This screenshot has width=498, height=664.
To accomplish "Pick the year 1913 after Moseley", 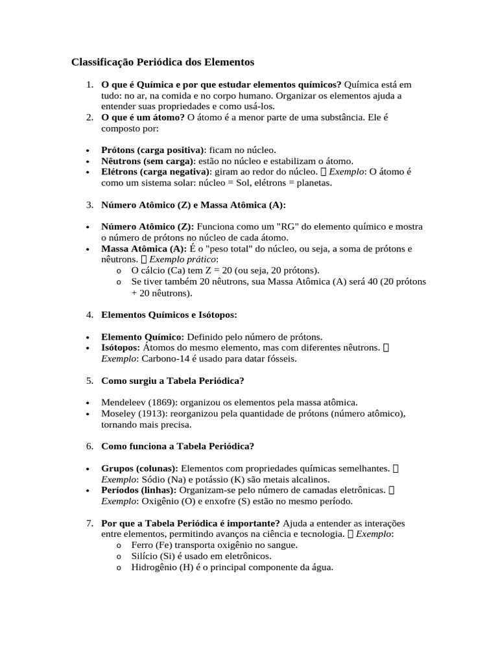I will click(x=150, y=414).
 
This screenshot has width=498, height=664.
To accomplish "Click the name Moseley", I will click(x=117, y=414).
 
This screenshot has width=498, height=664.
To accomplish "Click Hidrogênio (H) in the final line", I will click(x=165, y=567).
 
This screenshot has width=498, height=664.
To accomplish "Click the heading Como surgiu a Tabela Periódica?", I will click(x=172, y=380).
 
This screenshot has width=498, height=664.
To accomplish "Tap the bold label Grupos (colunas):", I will click(x=139, y=468).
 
